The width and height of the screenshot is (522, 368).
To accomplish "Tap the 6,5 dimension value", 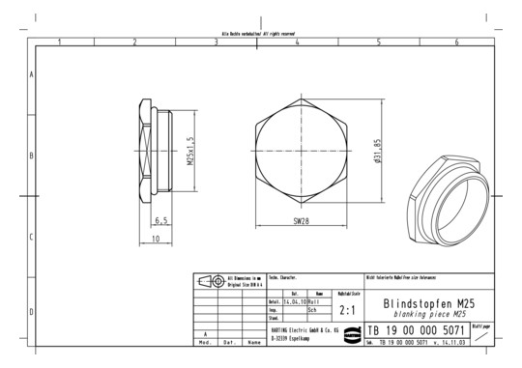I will [160, 220].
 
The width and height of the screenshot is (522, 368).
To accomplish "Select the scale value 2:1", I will [348, 311].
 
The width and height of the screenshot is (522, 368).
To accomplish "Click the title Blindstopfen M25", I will [429, 302].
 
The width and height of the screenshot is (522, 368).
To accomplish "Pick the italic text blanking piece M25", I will [429, 314].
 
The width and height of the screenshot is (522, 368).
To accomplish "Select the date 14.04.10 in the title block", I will [294, 301].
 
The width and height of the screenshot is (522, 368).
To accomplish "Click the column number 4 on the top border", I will [297, 42].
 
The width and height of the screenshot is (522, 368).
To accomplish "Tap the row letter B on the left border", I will [33, 155].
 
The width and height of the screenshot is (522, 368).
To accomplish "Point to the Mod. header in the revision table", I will [205, 342].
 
